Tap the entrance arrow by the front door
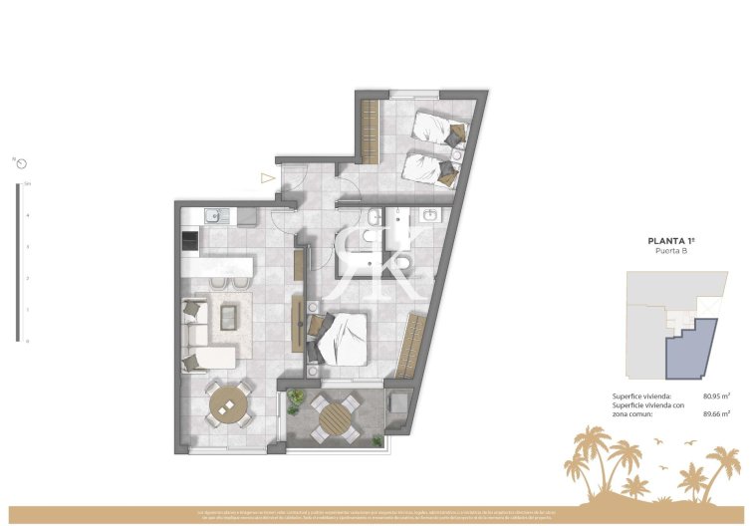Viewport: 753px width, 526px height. (x=267, y=179)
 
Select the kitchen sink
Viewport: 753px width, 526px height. (x=211, y=215)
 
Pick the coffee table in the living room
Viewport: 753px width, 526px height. (x=228, y=317)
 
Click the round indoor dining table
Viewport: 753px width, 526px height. (x=228, y=405)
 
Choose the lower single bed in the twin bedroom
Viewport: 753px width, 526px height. (x=430, y=167)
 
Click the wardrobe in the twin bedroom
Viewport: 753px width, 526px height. (x=370, y=131)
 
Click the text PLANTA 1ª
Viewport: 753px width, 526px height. (x=670, y=240)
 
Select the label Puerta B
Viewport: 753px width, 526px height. (x=670, y=251)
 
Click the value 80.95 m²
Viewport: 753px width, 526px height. (x=717, y=395)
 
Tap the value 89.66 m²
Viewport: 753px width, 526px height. (x=717, y=413)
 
